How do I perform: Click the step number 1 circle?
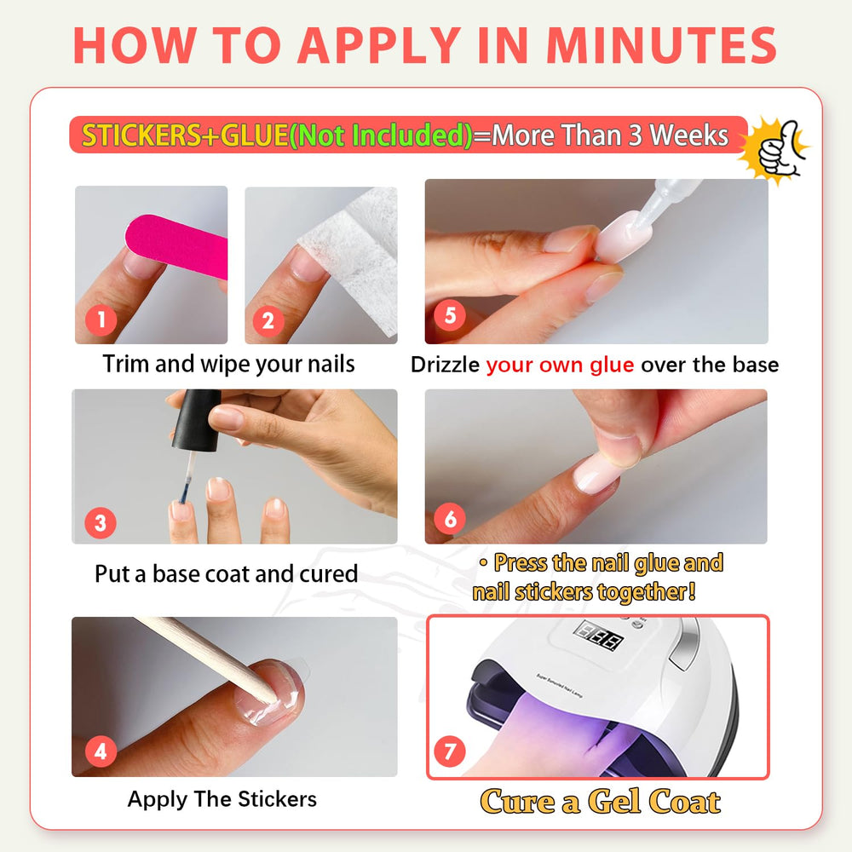pos(101,320)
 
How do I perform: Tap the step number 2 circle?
pos(268,320)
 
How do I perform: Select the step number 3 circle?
pos(101,523)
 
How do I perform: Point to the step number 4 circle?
pos(101,751)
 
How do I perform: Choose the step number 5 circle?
pos(450,315)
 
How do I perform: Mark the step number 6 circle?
pos(450,519)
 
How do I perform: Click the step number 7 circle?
pos(450,751)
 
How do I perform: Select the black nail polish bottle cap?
pos(197,420)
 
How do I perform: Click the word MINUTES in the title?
pos(661,45)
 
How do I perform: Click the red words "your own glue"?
pos(560,365)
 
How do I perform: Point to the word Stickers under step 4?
pos(277,799)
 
